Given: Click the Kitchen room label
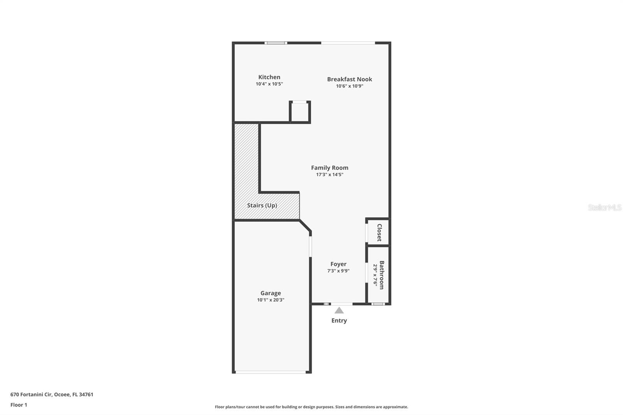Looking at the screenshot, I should (269, 77).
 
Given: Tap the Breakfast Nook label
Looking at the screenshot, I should (349, 79).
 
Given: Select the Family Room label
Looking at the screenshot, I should (329, 168).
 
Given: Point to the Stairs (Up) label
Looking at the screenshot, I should (262, 205).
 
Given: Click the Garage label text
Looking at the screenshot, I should (271, 293).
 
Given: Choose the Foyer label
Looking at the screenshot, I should (338, 264).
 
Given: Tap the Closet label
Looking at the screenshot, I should (379, 232).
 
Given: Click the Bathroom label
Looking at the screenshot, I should (382, 275).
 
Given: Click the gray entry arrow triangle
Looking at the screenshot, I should (339, 310).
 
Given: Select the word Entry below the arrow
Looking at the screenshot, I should (339, 320).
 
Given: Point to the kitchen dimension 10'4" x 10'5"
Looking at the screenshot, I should (269, 84).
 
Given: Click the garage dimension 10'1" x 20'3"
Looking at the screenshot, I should (271, 300).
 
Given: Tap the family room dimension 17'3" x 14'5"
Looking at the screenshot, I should (329, 175).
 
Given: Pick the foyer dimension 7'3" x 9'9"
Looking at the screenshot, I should (338, 271).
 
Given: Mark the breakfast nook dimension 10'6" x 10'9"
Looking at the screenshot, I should (349, 86).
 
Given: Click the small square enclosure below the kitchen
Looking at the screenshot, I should (300, 112).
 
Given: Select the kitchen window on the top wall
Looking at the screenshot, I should (276, 43).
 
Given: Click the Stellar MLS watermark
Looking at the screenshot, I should (604, 207).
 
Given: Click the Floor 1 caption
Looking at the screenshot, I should (19, 405).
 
